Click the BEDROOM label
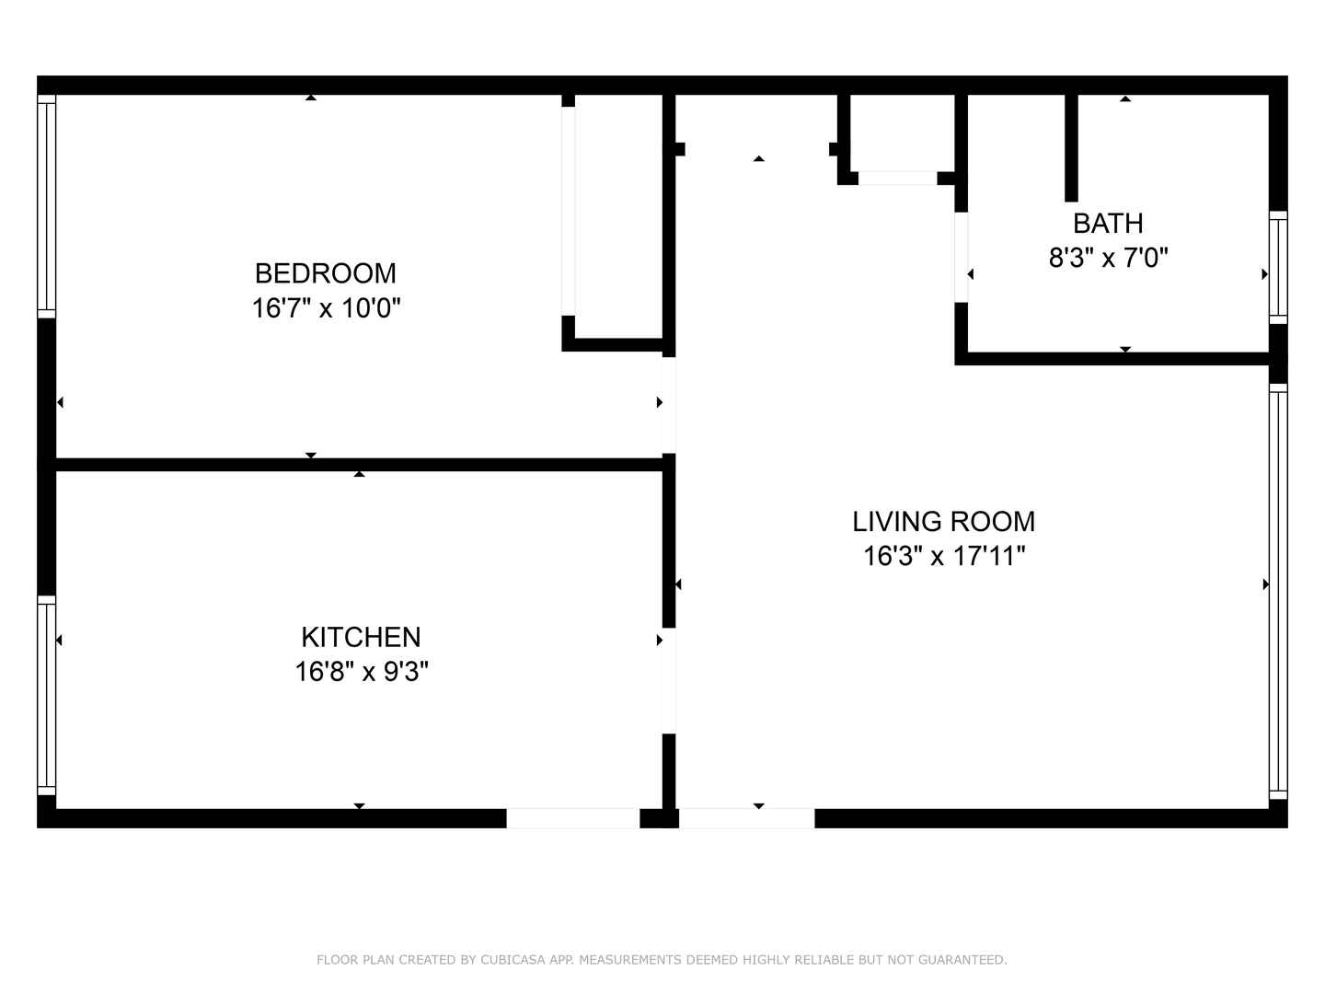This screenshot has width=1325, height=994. click(325, 273)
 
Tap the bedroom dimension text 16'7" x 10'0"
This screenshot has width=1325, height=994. click(326, 308)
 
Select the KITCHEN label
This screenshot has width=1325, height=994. click(361, 637)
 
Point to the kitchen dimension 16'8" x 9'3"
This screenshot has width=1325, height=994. click(362, 672)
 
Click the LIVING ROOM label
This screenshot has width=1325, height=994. click(943, 522)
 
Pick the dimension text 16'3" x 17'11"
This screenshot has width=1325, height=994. click(943, 557)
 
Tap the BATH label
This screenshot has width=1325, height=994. click(1108, 224)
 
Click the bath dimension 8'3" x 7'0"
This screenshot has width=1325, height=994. click(1108, 258)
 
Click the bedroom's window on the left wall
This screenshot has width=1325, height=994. click(46, 206)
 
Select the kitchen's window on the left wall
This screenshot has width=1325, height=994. click(46, 695)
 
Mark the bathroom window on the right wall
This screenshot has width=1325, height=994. click(1277, 267)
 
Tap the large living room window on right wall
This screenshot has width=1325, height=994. click(1277, 589)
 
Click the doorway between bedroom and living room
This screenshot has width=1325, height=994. click(669, 405)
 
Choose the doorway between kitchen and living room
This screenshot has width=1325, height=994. click(669, 680)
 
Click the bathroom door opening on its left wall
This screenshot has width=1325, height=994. click(961, 257)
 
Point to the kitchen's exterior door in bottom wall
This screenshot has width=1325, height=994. click(572, 818)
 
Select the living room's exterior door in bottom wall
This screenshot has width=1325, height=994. click(746, 818)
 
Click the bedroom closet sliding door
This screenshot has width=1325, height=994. click(569, 212)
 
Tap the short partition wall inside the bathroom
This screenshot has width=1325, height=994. click(1071, 147)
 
